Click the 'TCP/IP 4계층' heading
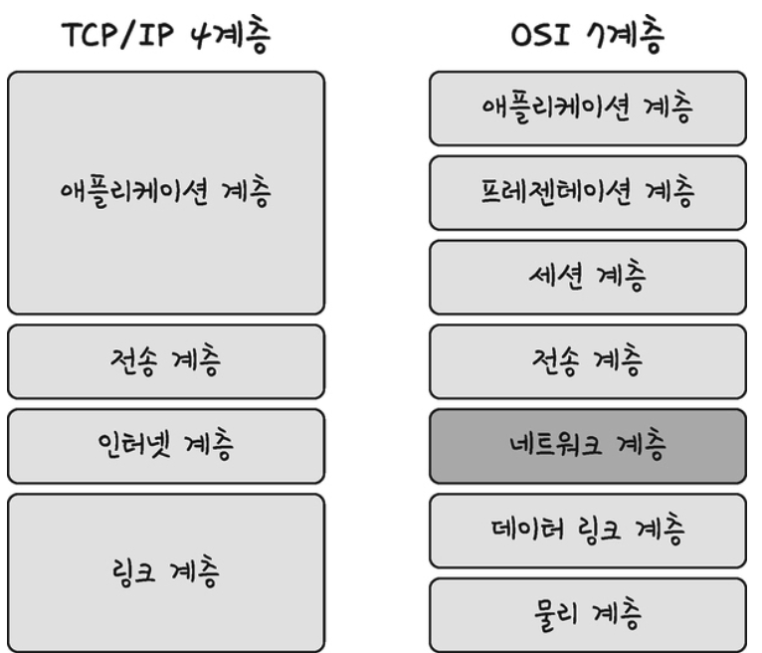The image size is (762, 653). (166, 35)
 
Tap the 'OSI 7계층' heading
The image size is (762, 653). (588, 35)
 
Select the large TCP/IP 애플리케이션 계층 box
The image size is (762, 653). (166, 193)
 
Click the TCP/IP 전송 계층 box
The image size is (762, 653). (166, 361)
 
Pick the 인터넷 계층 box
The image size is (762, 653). (166, 446)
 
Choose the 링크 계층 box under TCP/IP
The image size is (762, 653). (166, 572)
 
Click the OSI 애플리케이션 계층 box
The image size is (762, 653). (588, 109)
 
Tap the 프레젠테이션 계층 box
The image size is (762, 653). (588, 193)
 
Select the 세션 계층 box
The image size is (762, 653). (588, 277)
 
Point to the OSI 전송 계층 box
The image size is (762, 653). (588, 361)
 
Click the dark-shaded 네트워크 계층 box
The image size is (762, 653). (588, 446)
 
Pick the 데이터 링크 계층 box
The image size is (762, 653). (588, 531)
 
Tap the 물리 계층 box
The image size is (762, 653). (588, 615)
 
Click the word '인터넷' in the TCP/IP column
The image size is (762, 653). (134, 443)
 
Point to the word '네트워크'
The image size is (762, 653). (556, 443)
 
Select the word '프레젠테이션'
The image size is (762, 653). (556, 191)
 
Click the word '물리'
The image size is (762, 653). (556, 613)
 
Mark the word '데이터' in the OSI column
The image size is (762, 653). (528, 528)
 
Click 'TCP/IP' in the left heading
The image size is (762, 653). (117, 35)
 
